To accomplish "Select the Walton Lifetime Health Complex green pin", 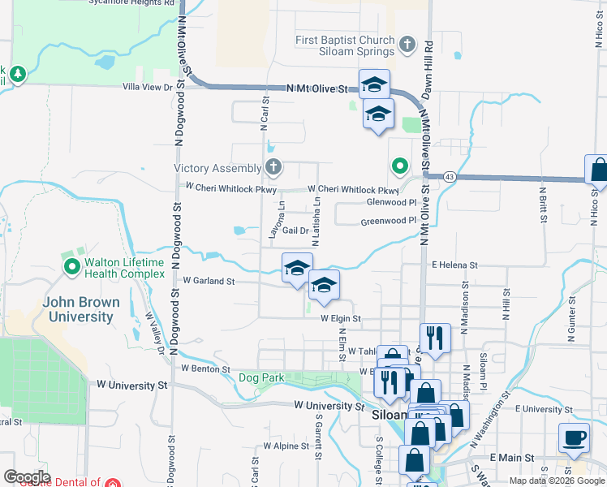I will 71,265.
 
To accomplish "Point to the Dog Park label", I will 261,377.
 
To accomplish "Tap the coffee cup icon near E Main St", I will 575,437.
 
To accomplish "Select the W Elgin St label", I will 340,319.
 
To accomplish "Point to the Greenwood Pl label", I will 388,220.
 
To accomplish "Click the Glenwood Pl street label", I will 391,202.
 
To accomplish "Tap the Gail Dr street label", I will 295,231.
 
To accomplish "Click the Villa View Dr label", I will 148,87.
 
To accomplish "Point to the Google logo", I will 27,477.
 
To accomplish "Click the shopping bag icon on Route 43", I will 598,170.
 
